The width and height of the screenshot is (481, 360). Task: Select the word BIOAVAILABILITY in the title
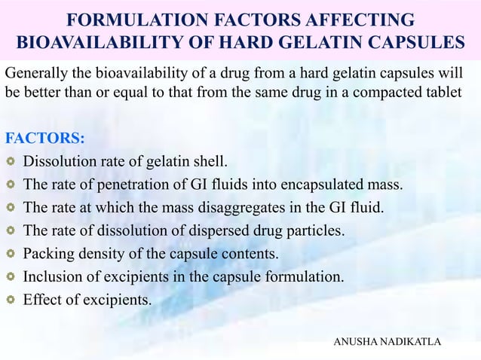(x=86, y=43)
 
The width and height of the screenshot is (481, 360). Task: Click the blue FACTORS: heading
(x=44, y=139)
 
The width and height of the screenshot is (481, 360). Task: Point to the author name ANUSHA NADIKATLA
(x=387, y=343)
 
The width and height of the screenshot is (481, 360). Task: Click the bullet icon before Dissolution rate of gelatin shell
(x=11, y=161)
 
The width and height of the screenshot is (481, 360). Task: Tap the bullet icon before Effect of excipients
(x=11, y=300)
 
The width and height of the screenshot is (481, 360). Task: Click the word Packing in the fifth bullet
(x=47, y=254)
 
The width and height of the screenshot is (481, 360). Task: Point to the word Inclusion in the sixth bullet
(x=52, y=276)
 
